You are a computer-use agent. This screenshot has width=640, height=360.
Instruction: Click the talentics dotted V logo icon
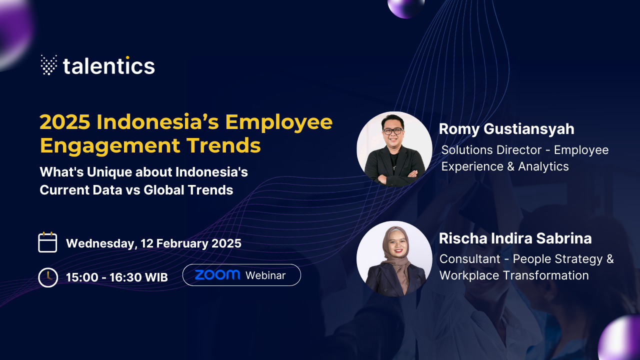pos(49,65)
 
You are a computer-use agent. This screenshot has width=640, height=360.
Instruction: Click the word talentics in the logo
pos(109,65)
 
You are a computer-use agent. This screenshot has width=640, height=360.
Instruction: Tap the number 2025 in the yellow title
pos(65,122)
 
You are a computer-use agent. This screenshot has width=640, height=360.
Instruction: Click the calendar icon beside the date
pos(47,242)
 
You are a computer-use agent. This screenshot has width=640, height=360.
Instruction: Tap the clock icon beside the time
pos(48,277)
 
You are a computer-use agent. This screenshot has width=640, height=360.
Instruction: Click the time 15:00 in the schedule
pos(82,277)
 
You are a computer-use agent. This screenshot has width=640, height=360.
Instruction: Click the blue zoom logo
pos(217,274)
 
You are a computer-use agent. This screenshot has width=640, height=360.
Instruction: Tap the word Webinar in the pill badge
pos(265,275)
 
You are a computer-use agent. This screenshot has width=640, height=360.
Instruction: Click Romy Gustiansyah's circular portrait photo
pos(394,149)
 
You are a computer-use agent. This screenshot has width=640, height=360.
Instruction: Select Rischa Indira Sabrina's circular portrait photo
pos(394,258)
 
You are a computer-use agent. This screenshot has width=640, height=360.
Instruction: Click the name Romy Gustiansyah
pos(506,129)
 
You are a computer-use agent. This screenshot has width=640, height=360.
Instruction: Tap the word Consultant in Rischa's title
pos(470,259)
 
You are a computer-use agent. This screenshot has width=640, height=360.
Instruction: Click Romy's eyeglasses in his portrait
pos(393,131)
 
